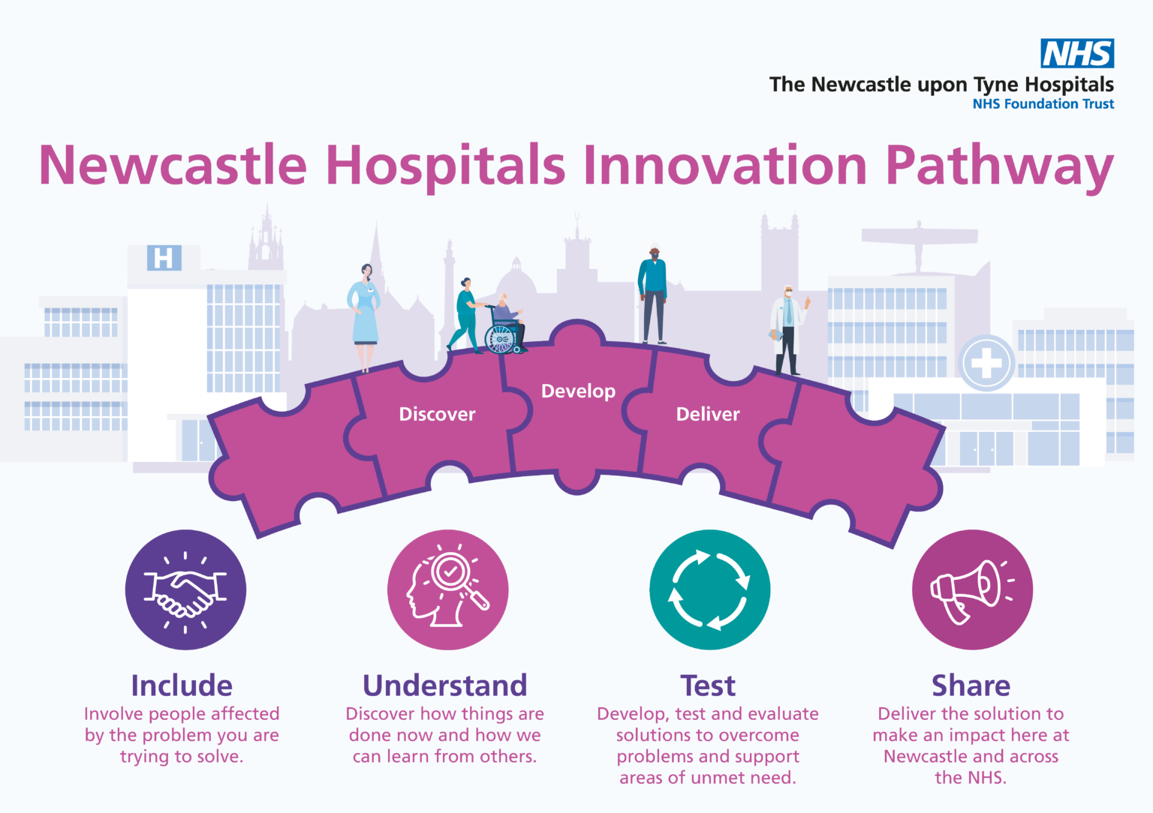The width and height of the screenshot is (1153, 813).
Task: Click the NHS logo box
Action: click(1077, 53)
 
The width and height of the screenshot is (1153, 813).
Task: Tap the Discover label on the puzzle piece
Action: click(437, 414)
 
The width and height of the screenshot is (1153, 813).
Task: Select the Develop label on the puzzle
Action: click(578, 391)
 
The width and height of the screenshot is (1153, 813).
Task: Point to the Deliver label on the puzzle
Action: click(707, 414)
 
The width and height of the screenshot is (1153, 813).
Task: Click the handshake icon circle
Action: click(185, 590)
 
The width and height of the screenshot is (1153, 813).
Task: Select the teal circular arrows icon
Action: click(709, 590)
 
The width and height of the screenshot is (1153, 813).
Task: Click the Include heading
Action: click(182, 685)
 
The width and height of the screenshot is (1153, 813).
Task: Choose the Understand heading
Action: click(444, 685)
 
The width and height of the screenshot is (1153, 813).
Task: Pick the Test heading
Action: click(708, 685)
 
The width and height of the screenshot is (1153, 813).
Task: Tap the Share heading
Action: click(971, 685)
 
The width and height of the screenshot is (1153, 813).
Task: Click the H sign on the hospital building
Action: click(164, 258)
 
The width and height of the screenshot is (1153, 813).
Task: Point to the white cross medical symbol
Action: click(986, 364)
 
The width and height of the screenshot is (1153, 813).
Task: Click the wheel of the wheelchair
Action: click(500, 340)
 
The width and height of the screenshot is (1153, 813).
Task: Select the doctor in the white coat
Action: click(787, 330)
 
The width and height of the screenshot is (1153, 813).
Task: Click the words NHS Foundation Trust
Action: click(1043, 104)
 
